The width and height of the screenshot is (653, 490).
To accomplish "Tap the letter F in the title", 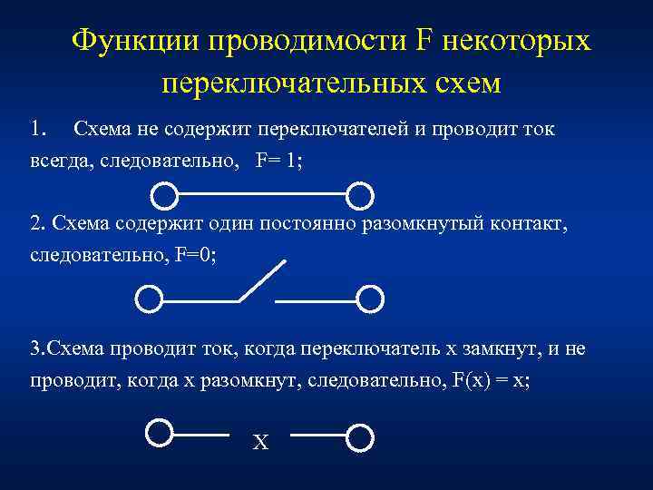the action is pos(425,40).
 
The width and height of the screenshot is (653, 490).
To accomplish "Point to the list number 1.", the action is pos(37,130).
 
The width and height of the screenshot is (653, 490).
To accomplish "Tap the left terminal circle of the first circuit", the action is pos(164,194).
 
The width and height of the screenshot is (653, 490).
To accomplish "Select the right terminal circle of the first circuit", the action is pos(360,194).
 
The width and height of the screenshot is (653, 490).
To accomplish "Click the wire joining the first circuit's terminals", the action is pos(262,193).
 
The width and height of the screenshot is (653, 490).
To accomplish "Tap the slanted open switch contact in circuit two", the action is pos(262,280).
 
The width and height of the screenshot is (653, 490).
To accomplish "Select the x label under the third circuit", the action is pos(260,444).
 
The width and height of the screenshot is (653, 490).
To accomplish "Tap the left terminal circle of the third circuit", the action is pos(159,433).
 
